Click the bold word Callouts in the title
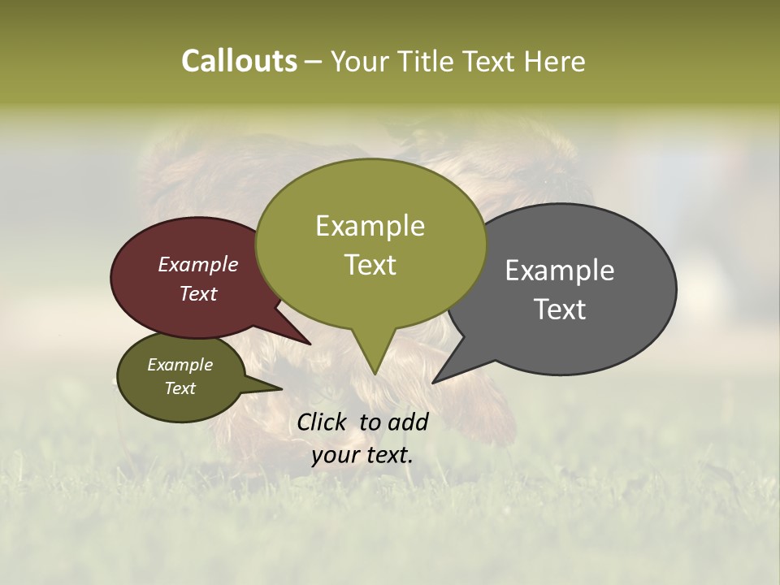pos(239,61)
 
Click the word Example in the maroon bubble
pos(198,264)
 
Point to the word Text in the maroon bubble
pos(198,293)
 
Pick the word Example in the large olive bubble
pos(370,226)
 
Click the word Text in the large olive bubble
pos(370,265)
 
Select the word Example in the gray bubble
pos(560,271)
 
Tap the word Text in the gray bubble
pos(560,310)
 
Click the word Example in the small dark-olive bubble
pos(180,365)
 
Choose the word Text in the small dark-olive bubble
pos(180,388)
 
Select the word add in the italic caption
pos(408,422)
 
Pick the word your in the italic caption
pos(334,455)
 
